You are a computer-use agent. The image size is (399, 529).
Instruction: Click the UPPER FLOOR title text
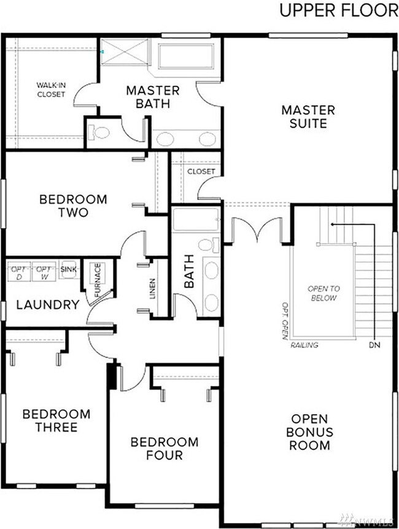click(x=338, y=10)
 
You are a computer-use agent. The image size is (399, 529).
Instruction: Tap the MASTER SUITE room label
click(x=308, y=117)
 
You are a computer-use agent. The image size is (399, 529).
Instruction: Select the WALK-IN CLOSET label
click(x=50, y=90)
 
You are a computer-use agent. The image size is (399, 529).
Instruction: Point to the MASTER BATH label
click(x=153, y=97)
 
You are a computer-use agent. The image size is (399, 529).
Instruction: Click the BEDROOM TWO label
click(x=72, y=206)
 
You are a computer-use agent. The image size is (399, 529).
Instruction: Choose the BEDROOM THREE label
click(x=56, y=420)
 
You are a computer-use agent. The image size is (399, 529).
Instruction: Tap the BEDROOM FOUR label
click(x=165, y=449)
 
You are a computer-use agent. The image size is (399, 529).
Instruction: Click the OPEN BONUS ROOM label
click(x=311, y=431)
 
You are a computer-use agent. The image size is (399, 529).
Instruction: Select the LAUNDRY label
click(x=47, y=305)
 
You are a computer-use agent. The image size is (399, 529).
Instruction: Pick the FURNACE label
click(x=96, y=279)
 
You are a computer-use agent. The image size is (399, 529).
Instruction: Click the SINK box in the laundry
click(x=67, y=269)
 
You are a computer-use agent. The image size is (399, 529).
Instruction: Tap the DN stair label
click(x=374, y=345)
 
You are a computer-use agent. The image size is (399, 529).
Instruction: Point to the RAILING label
click(x=304, y=345)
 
